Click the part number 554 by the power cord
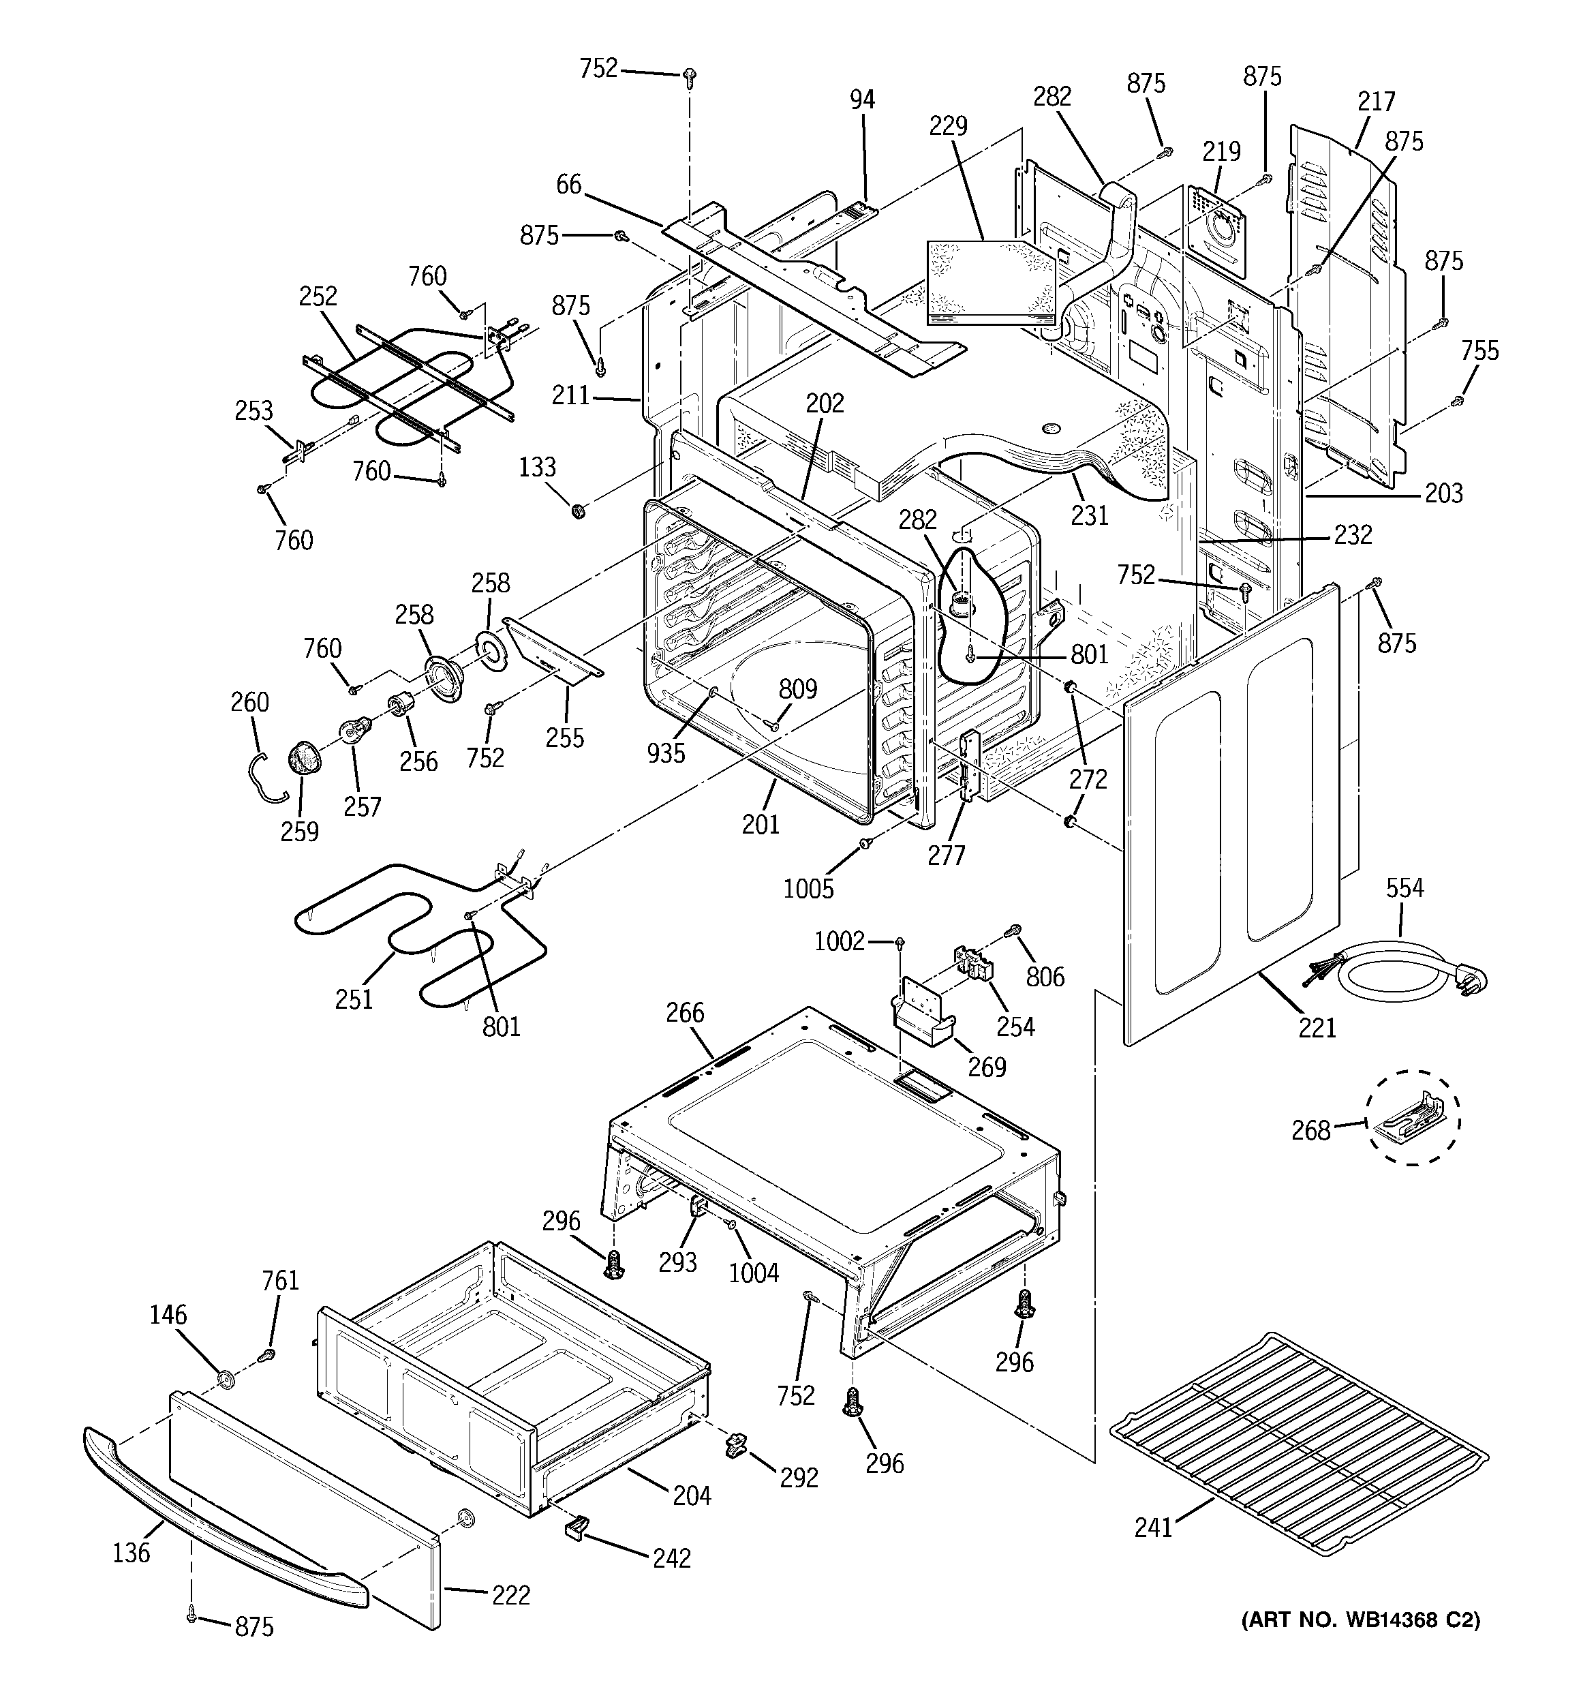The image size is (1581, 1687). (1405, 888)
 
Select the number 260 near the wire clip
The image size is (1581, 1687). (249, 702)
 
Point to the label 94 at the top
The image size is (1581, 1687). (862, 100)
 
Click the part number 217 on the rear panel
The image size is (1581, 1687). (1376, 101)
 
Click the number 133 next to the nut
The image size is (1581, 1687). (537, 467)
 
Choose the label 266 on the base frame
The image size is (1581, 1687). (685, 1012)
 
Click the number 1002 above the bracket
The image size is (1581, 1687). (838, 941)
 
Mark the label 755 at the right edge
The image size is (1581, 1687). (1480, 350)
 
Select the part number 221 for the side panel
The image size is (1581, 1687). (1317, 1028)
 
